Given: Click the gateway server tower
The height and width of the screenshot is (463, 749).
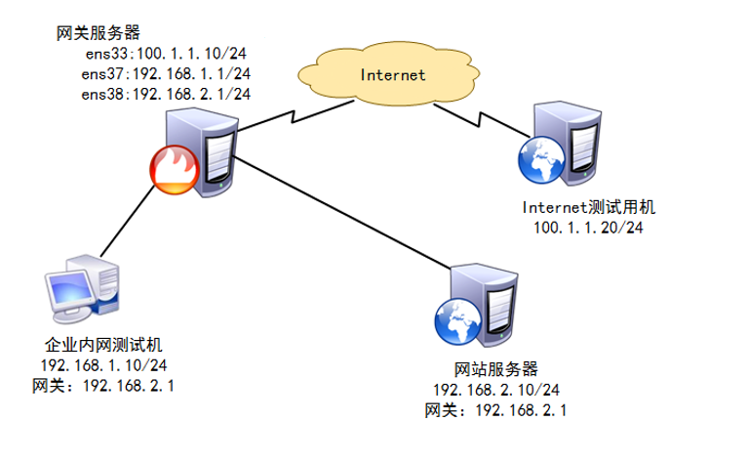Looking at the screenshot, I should pos(209,151).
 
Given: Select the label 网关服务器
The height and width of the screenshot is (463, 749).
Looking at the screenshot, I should pos(96,34).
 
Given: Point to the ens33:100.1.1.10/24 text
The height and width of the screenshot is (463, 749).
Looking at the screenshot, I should pos(167,55).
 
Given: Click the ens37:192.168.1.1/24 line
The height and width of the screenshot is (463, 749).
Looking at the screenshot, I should pos(167,74).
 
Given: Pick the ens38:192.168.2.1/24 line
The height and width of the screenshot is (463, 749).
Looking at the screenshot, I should pos(167,94).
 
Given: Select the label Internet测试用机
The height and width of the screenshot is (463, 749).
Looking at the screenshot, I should pos(591,208).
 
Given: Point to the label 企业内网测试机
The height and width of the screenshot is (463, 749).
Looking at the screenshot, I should pos(101,346).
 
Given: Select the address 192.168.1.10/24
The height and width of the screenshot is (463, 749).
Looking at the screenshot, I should pos(102,365).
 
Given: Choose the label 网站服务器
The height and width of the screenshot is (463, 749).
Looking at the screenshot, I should pos(496,370).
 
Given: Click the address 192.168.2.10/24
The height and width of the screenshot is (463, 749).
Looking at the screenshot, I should pos(496,390).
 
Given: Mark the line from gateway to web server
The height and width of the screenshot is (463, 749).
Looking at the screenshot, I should pos(341,210).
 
